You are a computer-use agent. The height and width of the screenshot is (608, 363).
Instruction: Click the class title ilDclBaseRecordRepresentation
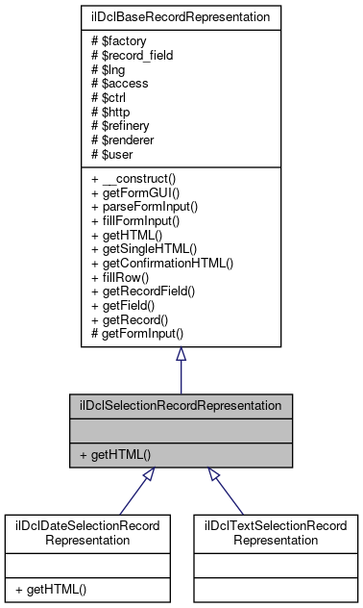180,16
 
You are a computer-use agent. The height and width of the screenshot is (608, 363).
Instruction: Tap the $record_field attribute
131,55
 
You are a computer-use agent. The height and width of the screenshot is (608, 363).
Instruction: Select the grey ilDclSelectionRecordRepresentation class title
180,405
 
